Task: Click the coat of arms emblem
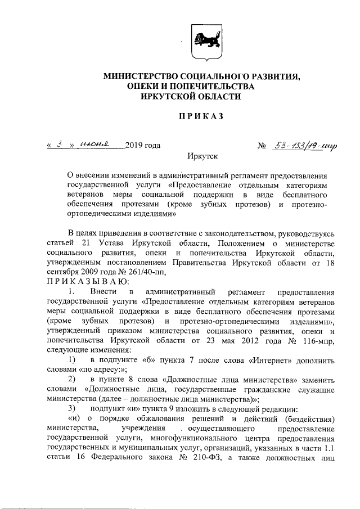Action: tap(201, 44)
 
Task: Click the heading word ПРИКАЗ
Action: tap(201, 116)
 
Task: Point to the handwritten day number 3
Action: tap(58, 145)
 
